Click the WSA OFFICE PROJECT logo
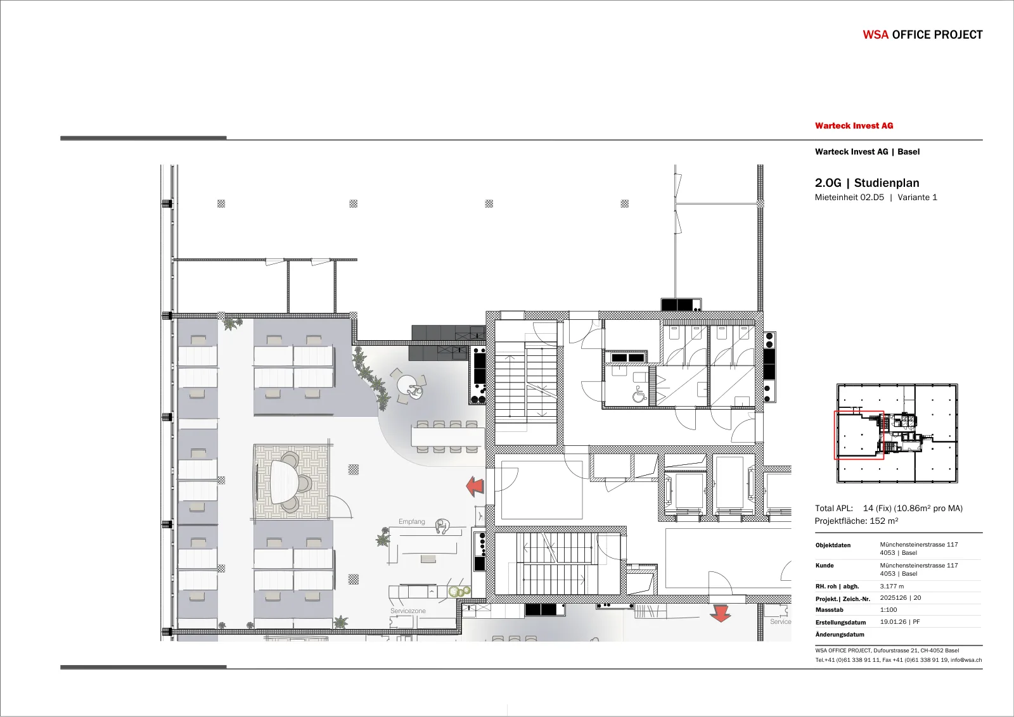coord(922,35)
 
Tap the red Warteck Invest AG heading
coord(854,126)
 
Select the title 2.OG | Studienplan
coord(867,183)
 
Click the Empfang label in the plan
coord(411,521)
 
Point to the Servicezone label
coord(408,611)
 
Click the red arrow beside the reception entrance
coord(475,486)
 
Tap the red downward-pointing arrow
coord(720,613)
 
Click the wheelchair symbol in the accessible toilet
coord(639,394)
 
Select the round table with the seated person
coord(409,386)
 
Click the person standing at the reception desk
coord(442,526)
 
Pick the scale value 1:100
coord(888,609)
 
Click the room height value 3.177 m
coord(892,586)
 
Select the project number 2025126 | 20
coord(901,597)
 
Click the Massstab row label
coord(830,610)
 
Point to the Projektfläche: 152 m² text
coord(856,521)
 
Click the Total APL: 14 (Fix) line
coord(889,508)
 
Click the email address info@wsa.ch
coord(966,660)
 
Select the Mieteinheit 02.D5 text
coord(849,197)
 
